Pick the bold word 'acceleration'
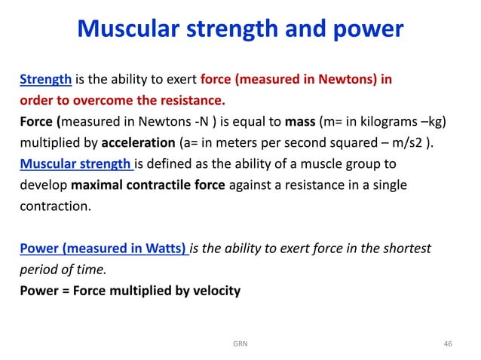129,142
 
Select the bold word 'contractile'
158,184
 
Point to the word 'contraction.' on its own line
51,205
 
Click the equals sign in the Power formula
66,289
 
